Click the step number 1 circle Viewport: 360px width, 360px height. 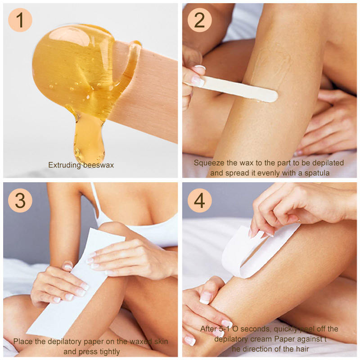[x=20, y=20]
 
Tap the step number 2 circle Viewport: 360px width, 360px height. [x=199, y=20]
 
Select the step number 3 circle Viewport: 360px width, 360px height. [x=20, y=200]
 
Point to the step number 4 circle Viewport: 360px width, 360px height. [x=199, y=200]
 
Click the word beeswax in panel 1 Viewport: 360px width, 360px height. [x=99, y=165]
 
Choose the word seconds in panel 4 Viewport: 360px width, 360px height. [x=255, y=329]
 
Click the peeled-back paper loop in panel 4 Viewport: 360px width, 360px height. [x=252, y=252]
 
